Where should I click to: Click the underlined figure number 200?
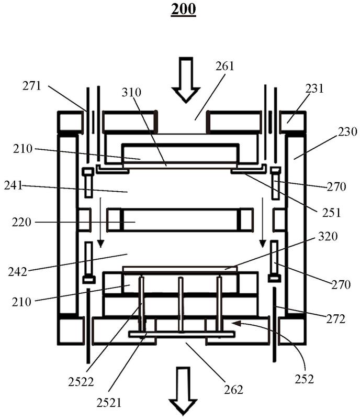click(x=183, y=9)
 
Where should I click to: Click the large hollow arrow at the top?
click(x=186, y=80)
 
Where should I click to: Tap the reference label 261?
click(x=225, y=66)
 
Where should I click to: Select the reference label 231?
click(x=314, y=89)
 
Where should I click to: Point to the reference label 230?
click(x=347, y=132)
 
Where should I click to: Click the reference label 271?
click(x=32, y=86)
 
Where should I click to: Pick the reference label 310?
click(x=131, y=92)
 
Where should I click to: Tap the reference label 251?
click(x=331, y=213)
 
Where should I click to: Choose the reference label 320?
click(x=328, y=236)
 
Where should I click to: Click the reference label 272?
click(x=335, y=319)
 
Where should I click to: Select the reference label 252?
click(x=304, y=379)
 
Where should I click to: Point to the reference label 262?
click(x=233, y=390)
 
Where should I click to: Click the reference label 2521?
click(x=109, y=403)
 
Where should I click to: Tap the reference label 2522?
click(x=81, y=382)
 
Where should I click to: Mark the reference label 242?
click(x=18, y=272)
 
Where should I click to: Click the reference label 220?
click(x=21, y=222)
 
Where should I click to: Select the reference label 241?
click(x=14, y=185)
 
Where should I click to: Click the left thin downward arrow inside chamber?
click(x=100, y=222)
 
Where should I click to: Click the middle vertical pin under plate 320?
click(x=181, y=305)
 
